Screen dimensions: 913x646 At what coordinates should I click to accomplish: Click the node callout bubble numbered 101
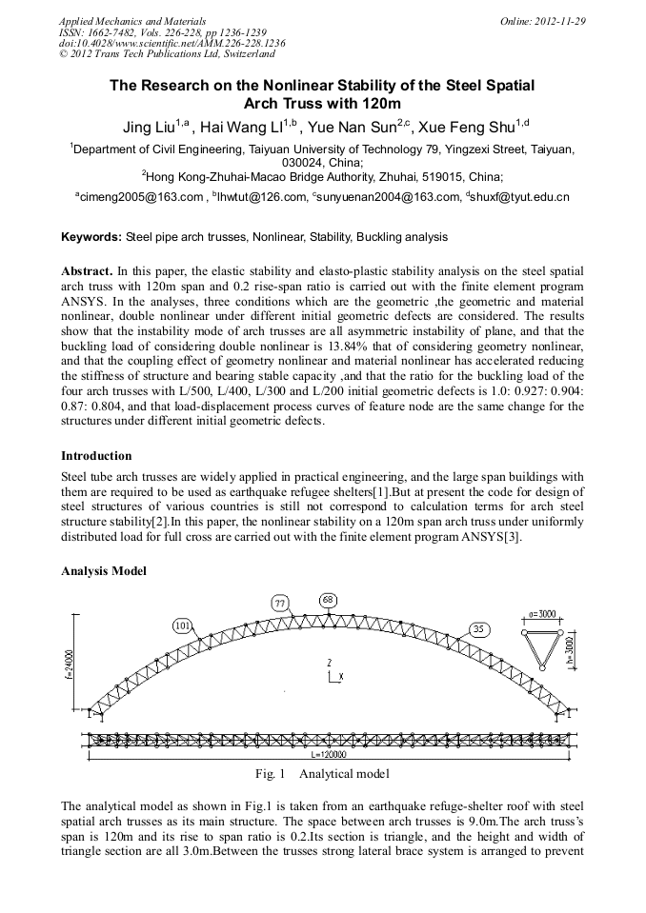[184, 625]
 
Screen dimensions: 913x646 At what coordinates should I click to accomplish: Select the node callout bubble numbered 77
[280, 604]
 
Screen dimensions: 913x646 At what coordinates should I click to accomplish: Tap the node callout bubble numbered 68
[328, 599]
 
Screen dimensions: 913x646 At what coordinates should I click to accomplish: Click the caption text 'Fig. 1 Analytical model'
[322, 774]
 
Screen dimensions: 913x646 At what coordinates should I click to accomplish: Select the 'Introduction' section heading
[96, 456]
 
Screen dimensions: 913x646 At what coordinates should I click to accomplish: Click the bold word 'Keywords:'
[91, 236]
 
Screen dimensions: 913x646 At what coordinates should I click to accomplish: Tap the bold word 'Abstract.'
[88, 271]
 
